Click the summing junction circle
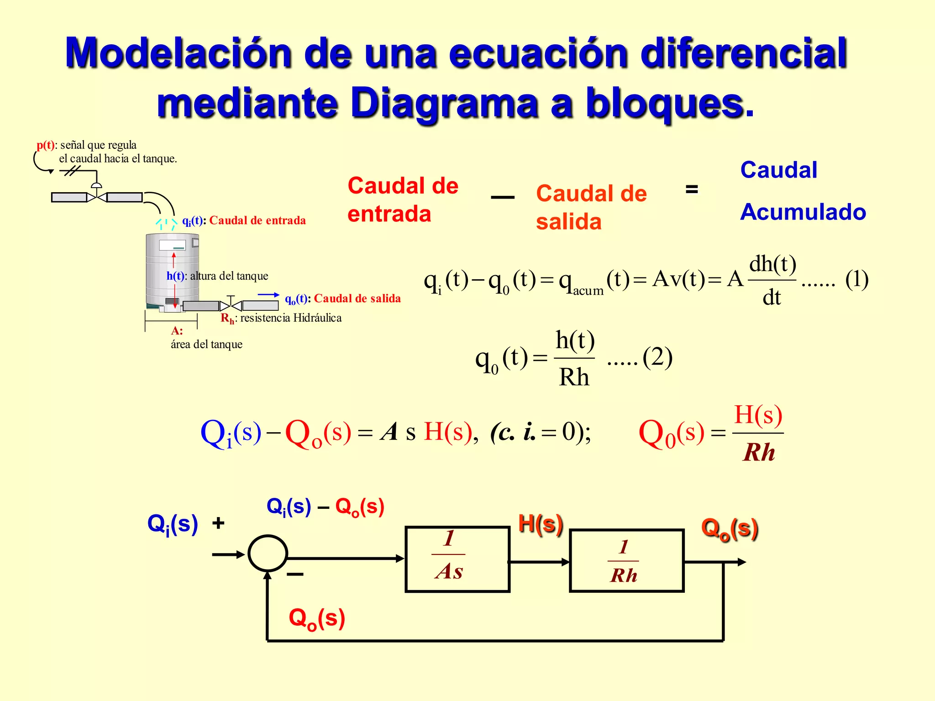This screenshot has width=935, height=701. (x=268, y=553)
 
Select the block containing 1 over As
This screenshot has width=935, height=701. (x=457, y=559)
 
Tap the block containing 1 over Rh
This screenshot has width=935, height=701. (x=626, y=561)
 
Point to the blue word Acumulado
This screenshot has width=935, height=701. (x=803, y=212)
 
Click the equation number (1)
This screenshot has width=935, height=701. (x=856, y=279)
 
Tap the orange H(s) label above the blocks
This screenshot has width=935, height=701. (x=541, y=524)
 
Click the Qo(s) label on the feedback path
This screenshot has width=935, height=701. (x=317, y=619)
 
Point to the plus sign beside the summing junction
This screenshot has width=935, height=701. (x=218, y=523)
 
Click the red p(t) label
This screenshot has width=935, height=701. (x=45, y=145)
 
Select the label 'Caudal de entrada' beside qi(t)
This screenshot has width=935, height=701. (x=257, y=220)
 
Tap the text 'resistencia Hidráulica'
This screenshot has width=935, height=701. (x=291, y=318)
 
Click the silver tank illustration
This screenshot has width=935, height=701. (x=172, y=269)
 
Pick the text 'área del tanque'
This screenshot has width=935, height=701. (x=206, y=344)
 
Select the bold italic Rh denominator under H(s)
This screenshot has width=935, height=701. (x=759, y=452)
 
